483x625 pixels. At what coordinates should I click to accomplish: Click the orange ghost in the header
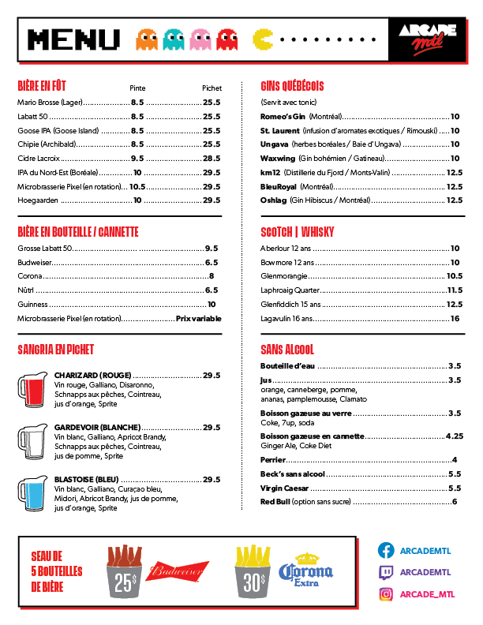pyautogui.click(x=146, y=39)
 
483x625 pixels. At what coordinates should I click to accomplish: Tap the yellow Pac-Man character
pyautogui.click(x=264, y=38)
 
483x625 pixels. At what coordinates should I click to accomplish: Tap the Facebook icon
pyautogui.click(x=386, y=551)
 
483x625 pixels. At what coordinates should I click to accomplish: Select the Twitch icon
pyautogui.click(x=386, y=572)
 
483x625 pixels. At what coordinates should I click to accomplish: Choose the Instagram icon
pyautogui.click(x=386, y=593)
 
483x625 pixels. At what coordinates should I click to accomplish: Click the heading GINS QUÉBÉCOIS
pyautogui.click(x=293, y=86)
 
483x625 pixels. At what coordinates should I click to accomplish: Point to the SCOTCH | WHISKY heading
pyautogui.click(x=298, y=232)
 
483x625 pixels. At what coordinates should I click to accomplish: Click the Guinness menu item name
pyautogui.click(x=33, y=304)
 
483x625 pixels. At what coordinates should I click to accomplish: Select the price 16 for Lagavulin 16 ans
pyautogui.click(x=455, y=319)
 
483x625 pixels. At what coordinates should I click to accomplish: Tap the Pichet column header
pyautogui.click(x=212, y=88)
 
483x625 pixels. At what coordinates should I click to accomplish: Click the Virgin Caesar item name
pyautogui.click(x=282, y=488)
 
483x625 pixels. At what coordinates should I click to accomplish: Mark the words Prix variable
pyautogui.click(x=198, y=319)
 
